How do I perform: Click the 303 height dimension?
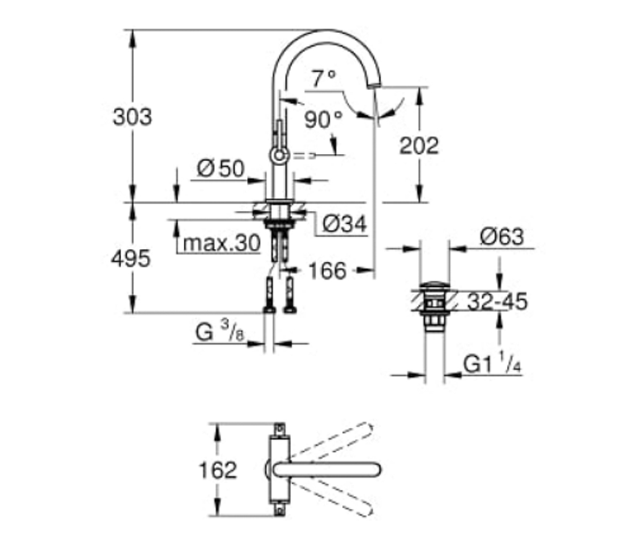coord(132,117)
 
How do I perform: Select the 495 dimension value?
coord(131,258)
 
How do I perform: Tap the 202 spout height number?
coord(419,146)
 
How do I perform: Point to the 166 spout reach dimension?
coord(327,271)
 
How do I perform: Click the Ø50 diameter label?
coord(221,168)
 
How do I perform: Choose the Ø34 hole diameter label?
coord(345,224)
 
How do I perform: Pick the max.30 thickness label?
coord(222,244)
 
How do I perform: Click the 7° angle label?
coord(324,78)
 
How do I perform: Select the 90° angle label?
coord(323,119)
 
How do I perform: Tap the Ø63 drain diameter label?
coord(502,237)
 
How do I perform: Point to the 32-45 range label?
coord(497,301)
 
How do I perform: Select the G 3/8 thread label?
coord(220,332)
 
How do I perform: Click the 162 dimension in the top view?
coord(217,470)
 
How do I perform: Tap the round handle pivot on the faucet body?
coord(279,155)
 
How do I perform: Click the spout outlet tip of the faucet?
coord(374,85)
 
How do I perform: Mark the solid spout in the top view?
coord(327,470)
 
